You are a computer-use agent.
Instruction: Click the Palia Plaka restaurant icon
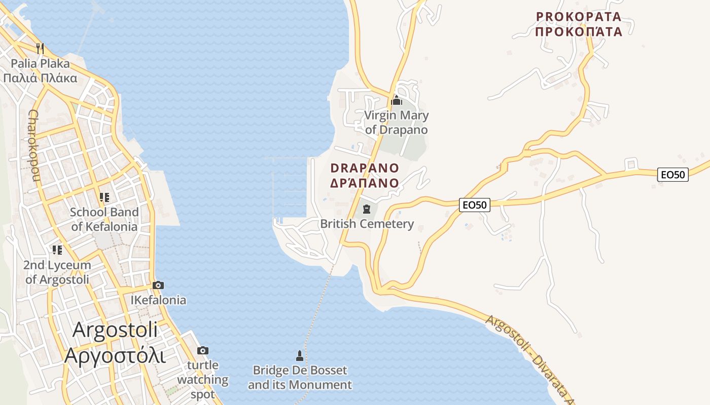(x=40, y=49)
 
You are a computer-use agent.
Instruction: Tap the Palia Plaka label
(x=40, y=71)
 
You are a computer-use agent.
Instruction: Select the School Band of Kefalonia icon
(x=104, y=197)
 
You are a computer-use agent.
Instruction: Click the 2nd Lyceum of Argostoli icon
(x=57, y=250)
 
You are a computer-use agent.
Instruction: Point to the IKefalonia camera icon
(x=158, y=286)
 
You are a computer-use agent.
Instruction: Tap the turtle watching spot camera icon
(x=202, y=350)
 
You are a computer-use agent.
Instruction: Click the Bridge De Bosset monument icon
(x=300, y=356)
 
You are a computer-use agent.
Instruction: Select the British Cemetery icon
(x=367, y=209)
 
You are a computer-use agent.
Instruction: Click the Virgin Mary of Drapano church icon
(x=397, y=100)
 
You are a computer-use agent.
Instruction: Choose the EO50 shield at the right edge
(x=673, y=175)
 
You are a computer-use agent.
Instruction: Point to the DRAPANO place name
(x=365, y=175)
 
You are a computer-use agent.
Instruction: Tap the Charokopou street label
(x=34, y=145)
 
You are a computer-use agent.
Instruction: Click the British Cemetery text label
(x=367, y=224)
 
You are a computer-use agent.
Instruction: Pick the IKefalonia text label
(x=158, y=300)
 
